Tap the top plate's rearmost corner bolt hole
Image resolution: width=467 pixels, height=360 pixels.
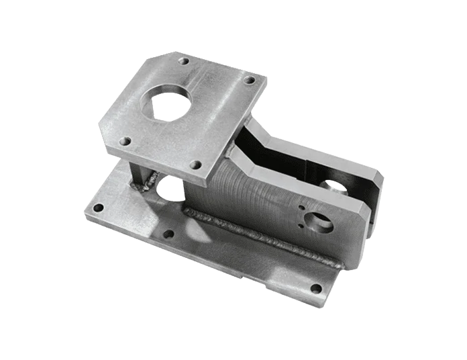pos(184,61)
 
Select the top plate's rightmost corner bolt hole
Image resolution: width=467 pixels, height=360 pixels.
pos(249,80)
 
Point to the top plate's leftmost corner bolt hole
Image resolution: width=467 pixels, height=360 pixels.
pos(124,142)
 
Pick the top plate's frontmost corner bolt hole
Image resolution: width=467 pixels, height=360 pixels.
pos(195,164)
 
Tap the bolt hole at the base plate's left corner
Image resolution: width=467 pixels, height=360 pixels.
pos(98,208)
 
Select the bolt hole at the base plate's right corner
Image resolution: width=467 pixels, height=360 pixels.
pos(315,289)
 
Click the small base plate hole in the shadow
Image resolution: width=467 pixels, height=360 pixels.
pos(168,234)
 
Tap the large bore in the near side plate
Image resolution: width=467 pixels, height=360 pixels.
pos(321,224)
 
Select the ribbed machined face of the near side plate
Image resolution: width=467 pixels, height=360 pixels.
pos(255,195)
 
